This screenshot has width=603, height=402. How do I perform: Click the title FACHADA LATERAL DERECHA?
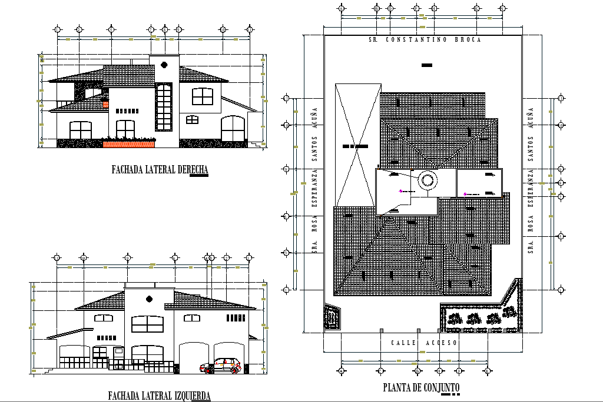tap(160, 170)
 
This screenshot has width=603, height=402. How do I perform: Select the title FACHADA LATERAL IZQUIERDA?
tap(159, 396)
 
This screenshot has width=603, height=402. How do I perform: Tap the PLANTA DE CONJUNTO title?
tap(421, 387)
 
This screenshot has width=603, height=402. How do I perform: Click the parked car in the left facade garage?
tap(221, 366)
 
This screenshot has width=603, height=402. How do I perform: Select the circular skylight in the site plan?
tap(427, 180)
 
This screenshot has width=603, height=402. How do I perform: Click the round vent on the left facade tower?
tap(149, 298)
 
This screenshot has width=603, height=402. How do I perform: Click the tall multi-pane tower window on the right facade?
tap(164, 107)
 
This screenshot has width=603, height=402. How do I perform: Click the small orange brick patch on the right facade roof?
tap(106, 105)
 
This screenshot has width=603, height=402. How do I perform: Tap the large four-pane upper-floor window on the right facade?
tap(202, 96)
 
